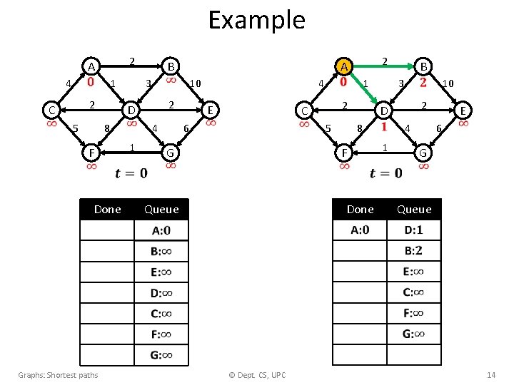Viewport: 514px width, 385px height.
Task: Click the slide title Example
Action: pos(256,20)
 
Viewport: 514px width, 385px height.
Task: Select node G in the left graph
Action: pos(170,153)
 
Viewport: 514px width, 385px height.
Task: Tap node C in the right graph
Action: pos(305,111)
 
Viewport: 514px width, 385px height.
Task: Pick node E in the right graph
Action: pos(463,111)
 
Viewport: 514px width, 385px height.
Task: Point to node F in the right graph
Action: pos(344,153)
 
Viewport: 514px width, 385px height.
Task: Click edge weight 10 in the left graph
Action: pos(194,84)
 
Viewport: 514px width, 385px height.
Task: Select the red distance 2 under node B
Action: pos(423,82)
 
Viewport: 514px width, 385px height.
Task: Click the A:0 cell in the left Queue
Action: pos(161,230)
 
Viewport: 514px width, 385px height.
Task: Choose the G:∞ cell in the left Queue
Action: pos(161,355)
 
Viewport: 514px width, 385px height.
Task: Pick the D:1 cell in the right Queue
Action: pos(414,230)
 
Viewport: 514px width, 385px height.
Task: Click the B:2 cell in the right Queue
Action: pos(414,251)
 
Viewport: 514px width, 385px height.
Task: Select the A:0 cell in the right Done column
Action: pos(360,230)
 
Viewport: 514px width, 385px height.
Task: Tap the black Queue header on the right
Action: pos(414,209)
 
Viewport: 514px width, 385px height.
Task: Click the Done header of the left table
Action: pos(108,209)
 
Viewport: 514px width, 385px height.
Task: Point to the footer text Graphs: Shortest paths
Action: pos(59,375)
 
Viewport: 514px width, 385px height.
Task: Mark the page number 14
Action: pos(490,375)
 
